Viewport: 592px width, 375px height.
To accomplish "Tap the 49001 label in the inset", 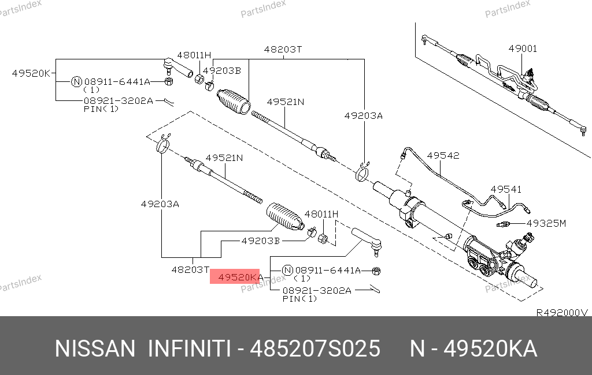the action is (523, 48).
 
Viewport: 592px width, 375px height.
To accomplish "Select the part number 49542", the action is (443, 156).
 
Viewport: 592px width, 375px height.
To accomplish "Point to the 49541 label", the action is (506, 189).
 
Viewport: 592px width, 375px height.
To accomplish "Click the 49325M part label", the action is (546, 223).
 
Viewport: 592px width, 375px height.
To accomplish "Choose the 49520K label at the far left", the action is (31, 73).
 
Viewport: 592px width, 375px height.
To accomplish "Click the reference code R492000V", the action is (562, 313).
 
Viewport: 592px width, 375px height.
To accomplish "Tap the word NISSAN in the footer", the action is (95, 348).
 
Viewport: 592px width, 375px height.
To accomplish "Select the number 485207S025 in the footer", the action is (315, 348).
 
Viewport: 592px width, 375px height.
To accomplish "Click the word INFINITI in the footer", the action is (189, 348).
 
